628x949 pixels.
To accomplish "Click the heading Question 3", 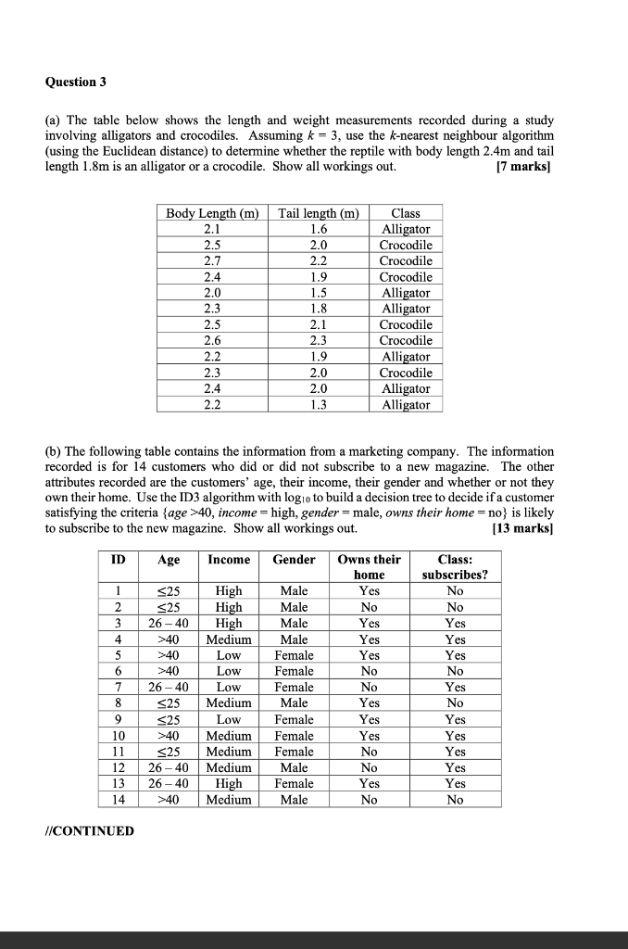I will pyautogui.click(x=76, y=82).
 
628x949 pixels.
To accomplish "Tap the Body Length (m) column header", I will pyautogui.click(x=212, y=213).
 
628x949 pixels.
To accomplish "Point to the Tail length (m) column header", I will pyautogui.click(x=319, y=213).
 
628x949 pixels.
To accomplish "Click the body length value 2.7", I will pyautogui.click(x=212, y=261).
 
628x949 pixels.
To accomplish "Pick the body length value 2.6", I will pyautogui.click(x=212, y=341).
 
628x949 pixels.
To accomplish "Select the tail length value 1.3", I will pyautogui.click(x=319, y=405).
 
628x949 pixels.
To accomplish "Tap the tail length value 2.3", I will pyautogui.click(x=319, y=341).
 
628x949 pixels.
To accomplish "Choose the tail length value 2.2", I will pyautogui.click(x=319, y=261).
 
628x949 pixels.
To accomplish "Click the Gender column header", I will pyautogui.click(x=294, y=560).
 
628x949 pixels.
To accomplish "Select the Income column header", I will pyautogui.click(x=229, y=560).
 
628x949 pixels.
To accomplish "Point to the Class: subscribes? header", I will pyautogui.click(x=455, y=567).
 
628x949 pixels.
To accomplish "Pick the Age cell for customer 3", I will pyautogui.click(x=169, y=623).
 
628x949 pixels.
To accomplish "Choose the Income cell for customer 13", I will pyautogui.click(x=229, y=783).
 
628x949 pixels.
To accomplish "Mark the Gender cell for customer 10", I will pyautogui.click(x=294, y=735).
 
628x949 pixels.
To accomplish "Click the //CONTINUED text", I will pyautogui.click(x=89, y=830).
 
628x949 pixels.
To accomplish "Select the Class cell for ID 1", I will pyautogui.click(x=455, y=590).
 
